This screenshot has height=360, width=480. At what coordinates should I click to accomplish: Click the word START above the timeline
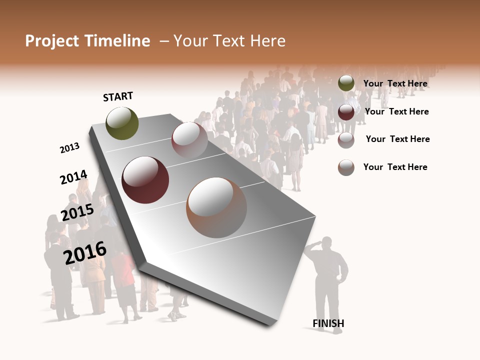click(118, 96)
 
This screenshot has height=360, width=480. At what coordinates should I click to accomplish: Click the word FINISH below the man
click(328, 323)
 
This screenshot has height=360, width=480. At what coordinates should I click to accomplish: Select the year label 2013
click(69, 147)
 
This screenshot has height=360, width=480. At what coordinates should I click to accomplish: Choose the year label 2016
click(85, 252)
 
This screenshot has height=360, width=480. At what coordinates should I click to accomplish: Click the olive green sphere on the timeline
click(122, 123)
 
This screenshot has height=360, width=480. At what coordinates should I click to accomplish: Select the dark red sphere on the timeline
click(145, 180)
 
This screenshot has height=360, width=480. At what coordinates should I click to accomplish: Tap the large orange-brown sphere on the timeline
click(216, 207)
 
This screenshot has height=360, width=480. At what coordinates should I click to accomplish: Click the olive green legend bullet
click(346, 83)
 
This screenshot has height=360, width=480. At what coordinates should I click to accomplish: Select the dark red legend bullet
click(346, 112)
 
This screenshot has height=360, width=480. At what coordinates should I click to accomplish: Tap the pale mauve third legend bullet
click(346, 140)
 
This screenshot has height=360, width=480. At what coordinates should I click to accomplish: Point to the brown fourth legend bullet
click(346, 167)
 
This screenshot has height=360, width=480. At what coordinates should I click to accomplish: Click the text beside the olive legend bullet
click(395, 83)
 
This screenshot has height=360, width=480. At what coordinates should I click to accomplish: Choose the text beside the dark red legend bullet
click(396, 111)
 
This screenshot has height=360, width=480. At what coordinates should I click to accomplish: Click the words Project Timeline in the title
click(87, 41)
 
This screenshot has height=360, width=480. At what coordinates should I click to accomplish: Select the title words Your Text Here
click(229, 41)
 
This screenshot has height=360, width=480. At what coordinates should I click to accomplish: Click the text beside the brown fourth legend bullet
click(395, 167)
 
